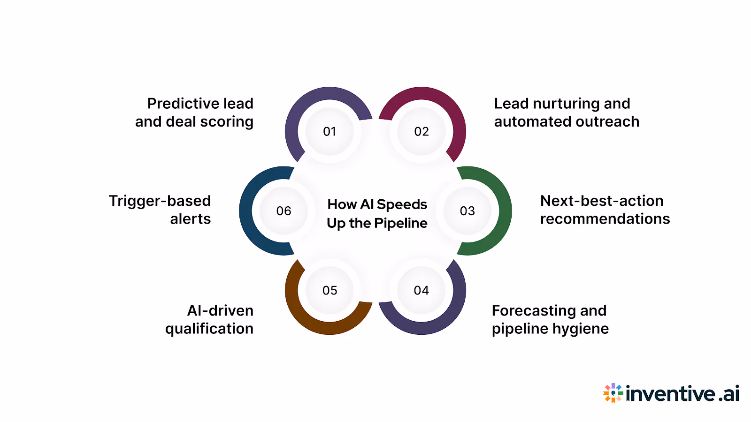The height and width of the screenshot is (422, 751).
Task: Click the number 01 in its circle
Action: coord(330,132)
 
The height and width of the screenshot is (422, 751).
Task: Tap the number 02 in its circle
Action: coord(421,132)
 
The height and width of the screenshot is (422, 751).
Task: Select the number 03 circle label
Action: coord(467,211)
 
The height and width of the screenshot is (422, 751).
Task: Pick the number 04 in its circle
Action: coord(421,291)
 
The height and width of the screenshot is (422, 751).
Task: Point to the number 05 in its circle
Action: coord(330,291)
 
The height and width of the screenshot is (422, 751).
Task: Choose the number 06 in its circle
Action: coord(284,211)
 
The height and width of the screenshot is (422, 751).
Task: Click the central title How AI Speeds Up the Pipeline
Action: coord(377,214)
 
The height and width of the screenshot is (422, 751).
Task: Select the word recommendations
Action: coord(605,219)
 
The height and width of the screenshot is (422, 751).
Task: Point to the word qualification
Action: coord(209,329)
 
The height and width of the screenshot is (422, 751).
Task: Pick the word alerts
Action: coord(190,219)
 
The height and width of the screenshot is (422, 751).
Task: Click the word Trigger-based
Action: coord(160,201)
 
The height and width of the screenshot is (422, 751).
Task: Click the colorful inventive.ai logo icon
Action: coord(613,393)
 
